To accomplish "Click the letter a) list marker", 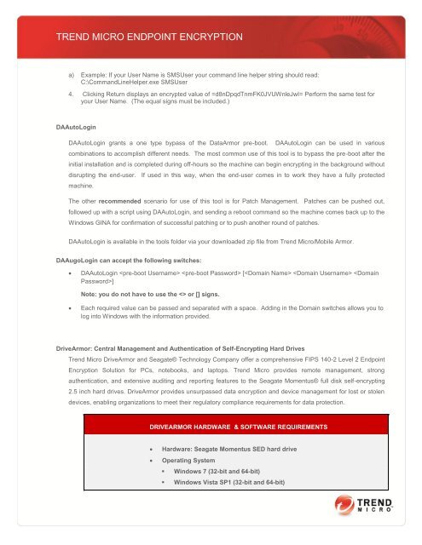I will (72, 75).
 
